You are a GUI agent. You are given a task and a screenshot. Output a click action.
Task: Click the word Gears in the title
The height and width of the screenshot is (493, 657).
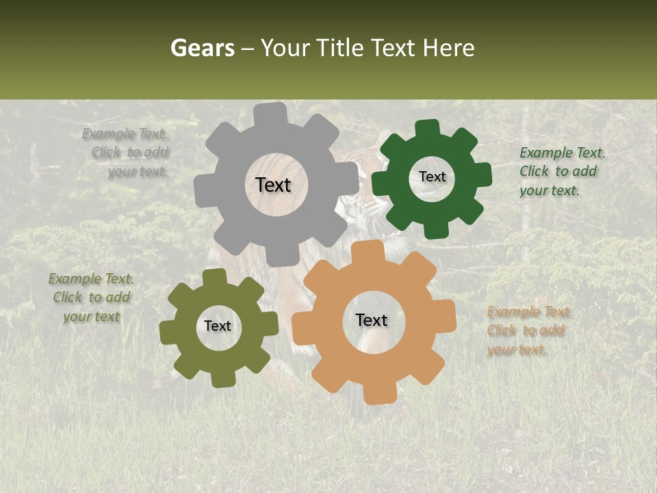click(x=203, y=48)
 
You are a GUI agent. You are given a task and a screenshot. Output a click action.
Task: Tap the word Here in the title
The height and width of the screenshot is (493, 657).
click(x=448, y=48)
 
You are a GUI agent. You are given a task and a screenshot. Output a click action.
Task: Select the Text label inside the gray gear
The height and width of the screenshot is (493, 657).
click(x=273, y=185)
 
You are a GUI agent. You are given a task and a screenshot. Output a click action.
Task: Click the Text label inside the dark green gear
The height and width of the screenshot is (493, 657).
click(x=432, y=177)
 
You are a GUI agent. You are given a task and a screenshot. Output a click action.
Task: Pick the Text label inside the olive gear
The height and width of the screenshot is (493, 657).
click(x=218, y=327)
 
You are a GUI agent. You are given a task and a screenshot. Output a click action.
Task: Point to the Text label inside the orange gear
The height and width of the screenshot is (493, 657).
click(x=372, y=320)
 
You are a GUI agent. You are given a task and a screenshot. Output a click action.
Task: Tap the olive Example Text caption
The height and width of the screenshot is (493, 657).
click(x=92, y=297)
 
